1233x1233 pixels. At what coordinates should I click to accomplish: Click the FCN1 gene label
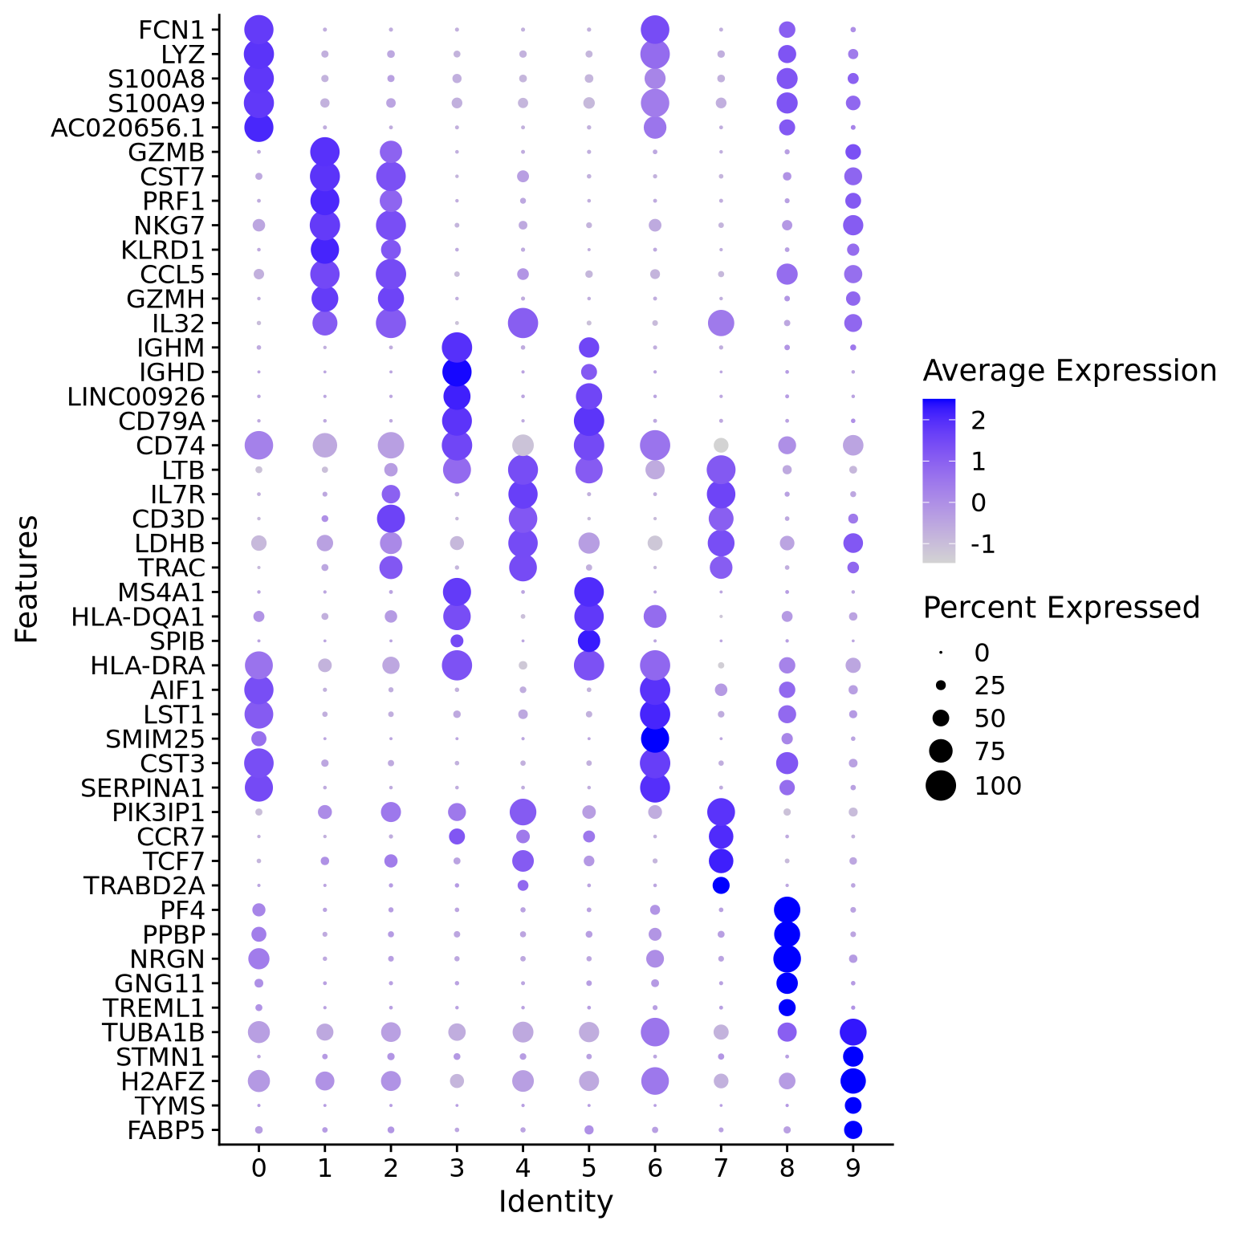tap(171, 31)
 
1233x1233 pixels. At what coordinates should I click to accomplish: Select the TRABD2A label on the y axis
tap(144, 885)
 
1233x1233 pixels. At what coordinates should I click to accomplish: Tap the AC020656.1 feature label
tap(128, 128)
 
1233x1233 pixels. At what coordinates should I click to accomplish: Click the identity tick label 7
tap(721, 1167)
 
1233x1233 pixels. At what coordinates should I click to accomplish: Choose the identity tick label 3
tap(457, 1167)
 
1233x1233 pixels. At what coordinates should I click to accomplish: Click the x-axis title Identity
tap(555, 1202)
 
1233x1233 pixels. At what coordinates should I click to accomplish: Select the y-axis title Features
tap(27, 578)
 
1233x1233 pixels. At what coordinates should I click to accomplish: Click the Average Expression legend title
tap(1069, 371)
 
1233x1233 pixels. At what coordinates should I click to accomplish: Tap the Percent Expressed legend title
tap(1061, 608)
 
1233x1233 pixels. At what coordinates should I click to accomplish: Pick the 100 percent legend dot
tap(941, 785)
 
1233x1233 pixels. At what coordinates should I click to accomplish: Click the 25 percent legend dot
tap(941, 686)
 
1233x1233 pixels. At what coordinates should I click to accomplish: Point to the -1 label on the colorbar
tap(983, 545)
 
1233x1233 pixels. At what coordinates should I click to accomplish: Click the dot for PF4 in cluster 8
tap(787, 909)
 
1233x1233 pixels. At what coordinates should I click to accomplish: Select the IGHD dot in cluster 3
tap(457, 372)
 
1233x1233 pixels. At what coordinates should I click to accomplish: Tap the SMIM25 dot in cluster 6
tap(655, 739)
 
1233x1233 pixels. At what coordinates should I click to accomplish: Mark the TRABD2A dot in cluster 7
tap(721, 885)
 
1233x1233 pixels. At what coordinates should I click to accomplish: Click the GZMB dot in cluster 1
tap(324, 152)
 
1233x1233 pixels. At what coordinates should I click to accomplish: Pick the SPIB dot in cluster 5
tap(588, 641)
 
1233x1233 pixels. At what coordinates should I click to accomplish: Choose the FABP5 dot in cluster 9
tap(853, 1129)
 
